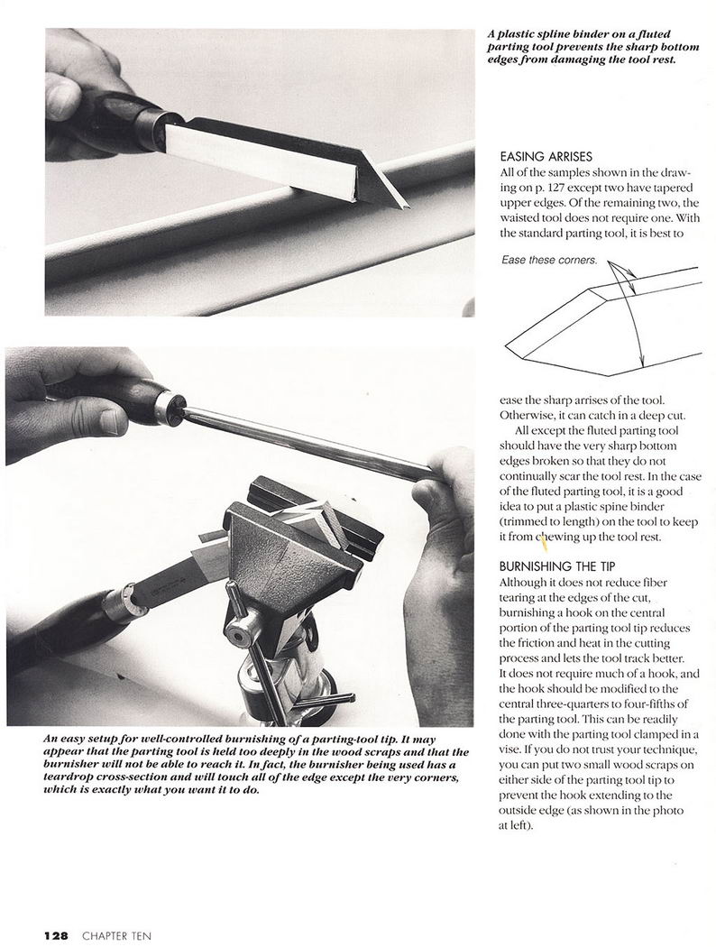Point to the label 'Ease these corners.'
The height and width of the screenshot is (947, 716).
click(x=548, y=260)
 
